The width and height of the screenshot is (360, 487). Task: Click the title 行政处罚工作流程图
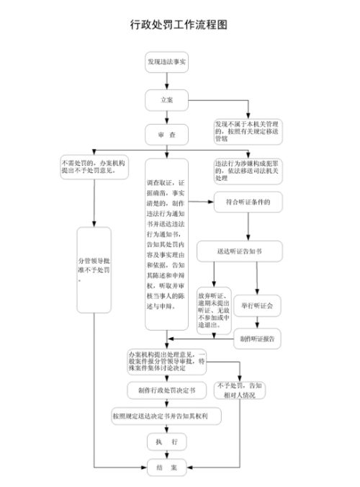pyautogui.click(x=179, y=24)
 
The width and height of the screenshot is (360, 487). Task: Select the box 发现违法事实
pyautogui.click(x=166, y=62)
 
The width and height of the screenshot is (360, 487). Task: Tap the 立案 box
pyautogui.click(x=166, y=99)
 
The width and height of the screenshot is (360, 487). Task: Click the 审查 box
pyautogui.click(x=166, y=135)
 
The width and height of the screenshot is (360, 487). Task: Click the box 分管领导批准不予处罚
pyautogui.click(x=94, y=270)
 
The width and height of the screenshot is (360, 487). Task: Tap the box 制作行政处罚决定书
pyautogui.click(x=166, y=390)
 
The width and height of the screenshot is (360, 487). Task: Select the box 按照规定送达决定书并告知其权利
pyautogui.click(x=166, y=416)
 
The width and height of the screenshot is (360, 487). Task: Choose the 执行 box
pyautogui.click(x=166, y=441)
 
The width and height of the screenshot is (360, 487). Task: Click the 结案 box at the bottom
pyautogui.click(x=166, y=467)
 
